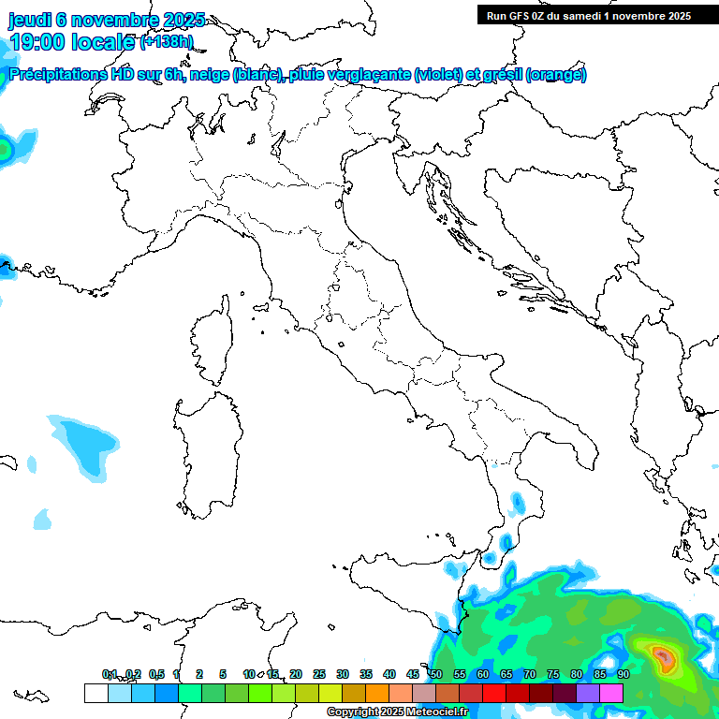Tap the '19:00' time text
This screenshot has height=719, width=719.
point(37,41)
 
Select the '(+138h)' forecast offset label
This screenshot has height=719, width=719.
point(166,41)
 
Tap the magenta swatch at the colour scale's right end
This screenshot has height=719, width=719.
point(611,693)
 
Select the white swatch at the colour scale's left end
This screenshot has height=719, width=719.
point(95,693)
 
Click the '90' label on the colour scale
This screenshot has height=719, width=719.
point(623,675)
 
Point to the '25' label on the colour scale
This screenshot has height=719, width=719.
point(319,675)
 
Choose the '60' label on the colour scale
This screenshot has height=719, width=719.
point(483,675)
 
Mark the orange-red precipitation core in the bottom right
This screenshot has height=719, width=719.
point(663,655)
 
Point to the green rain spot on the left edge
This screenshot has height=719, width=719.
point(5,148)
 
